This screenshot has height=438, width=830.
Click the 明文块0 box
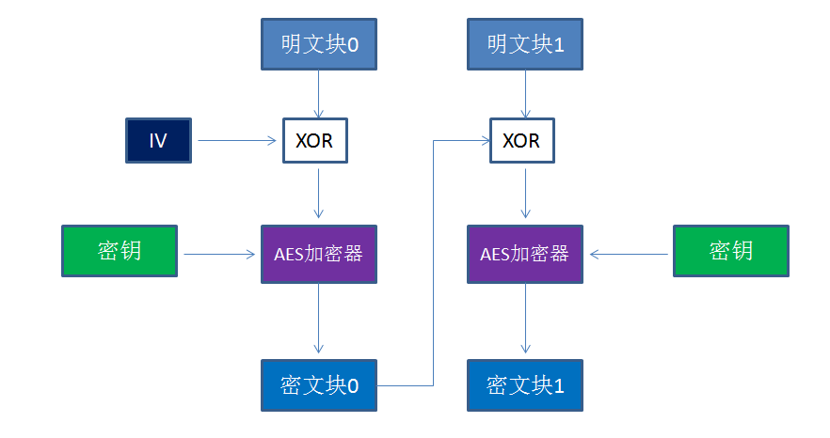tap(318, 44)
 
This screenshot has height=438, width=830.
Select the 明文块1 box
tap(525, 44)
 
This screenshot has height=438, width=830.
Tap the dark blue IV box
tap(158, 141)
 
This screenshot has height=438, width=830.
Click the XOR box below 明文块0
tap(314, 141)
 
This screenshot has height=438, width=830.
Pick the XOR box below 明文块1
tap(521, 141)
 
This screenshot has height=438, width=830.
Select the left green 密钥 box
tap(120, 251)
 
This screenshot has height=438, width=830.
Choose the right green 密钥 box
tap(730, 251)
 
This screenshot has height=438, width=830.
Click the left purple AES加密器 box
tap(318, 254)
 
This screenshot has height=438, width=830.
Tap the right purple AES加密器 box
tap(525, 254)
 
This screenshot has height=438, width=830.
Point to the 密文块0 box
tap(318, 384)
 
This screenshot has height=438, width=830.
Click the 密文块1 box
tap(525, 384)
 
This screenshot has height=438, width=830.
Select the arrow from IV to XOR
tap(236, 141)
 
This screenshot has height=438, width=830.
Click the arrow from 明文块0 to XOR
tap(318, 93)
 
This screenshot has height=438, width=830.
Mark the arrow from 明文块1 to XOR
tap(525, 93)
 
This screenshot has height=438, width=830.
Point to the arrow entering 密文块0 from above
tap(318, 320)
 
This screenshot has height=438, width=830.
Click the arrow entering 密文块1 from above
tap(525, 320)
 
